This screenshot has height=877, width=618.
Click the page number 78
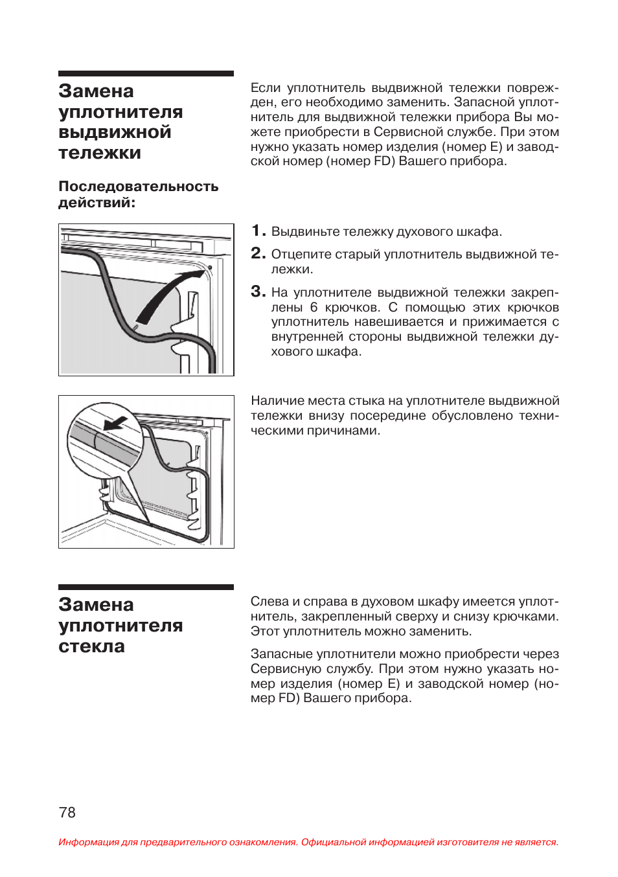click(x=67, y=812)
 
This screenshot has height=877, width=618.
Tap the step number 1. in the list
click(x=258, y=231)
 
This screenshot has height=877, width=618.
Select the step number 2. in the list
click(x=258, y=253)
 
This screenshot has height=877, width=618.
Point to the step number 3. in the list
click(x=258, y=291)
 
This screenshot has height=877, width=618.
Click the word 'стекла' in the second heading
click(x=91, y=646)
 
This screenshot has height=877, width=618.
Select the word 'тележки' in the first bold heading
click(x=100, y=153)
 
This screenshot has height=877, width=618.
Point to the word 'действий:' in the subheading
click(x=97, y=203)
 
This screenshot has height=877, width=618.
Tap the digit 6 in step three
click(x=314, y=307)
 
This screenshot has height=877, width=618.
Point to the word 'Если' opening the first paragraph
click(x=266, y=88)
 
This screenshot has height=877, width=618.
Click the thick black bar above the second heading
click(x=146, y=587)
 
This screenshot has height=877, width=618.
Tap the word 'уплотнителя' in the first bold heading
click(x=120, y=112)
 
